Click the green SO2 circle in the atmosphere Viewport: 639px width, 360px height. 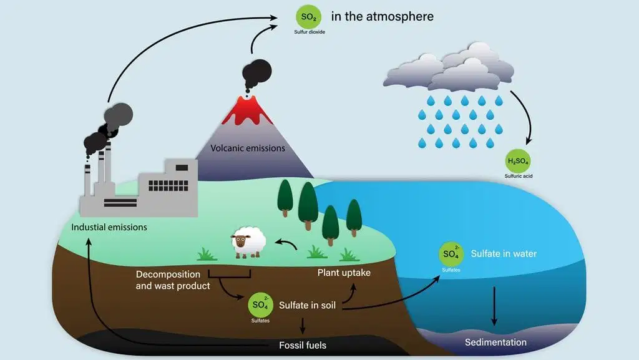[x=308, y=17]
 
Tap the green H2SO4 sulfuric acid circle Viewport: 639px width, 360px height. [x=517, y=161]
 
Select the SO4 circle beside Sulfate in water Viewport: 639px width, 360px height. [x=451, y=254]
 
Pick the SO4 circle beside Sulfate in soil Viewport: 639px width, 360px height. [x=260, y=304]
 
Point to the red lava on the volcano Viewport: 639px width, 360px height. [x=247, y=110]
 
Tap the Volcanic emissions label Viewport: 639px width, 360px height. [x=248, y=148]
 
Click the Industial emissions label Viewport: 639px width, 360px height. [x=109, y=227]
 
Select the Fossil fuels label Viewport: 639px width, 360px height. [x=303, y=346]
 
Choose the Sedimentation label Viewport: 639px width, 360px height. [x=495, y=343]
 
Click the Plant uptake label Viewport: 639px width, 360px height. [x=344, y=273]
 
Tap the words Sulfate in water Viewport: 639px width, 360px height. [x=504, y=254]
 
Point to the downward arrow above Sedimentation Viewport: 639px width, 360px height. [x=494, y=306]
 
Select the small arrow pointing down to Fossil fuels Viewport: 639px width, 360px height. [x=303, y=326]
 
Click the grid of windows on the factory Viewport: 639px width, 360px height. [x=168, y=186]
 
